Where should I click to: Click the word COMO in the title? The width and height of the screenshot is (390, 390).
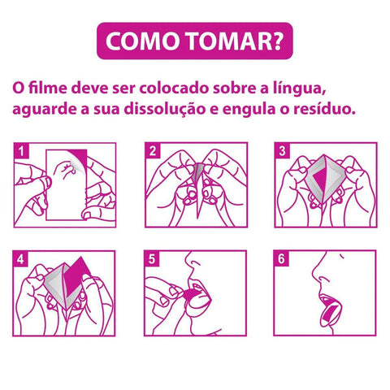(x=143, y=41)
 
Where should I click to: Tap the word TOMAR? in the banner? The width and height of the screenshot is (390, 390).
(x=235, y=41)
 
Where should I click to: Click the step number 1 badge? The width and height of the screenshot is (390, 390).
(x=21, y=150)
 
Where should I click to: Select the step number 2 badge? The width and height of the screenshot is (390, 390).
(x=153, y=150)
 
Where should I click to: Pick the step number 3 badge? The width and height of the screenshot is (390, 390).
(x=282, y=150)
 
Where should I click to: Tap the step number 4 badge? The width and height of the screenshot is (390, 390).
(x=20, y=258)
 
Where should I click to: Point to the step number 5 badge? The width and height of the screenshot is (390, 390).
(x=152, y=258)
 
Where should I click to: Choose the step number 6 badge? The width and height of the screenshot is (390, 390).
(x=281, y=258)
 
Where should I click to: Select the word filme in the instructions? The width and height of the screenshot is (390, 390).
(x=48, y=88)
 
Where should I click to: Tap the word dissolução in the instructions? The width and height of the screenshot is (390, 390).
(x=165, y=110)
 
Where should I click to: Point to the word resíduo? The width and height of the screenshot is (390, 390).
(x=324, y=109)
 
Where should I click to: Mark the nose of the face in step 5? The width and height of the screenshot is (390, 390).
(x=192, y=261)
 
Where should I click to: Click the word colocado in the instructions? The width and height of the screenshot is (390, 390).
(x=174, y=88)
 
